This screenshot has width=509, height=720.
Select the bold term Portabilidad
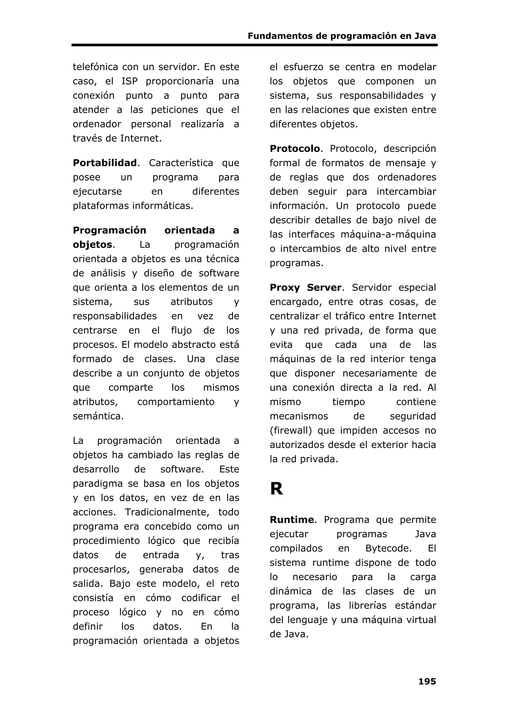(x=105, y=163)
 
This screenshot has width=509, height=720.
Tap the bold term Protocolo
(x=295, y=149)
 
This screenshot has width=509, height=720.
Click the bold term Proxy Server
(x=305, y=288)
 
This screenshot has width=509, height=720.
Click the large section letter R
(x=276, y=489)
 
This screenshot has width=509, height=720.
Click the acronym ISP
(x=129, y=81)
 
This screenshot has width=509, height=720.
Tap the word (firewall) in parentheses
(x=290, y=430)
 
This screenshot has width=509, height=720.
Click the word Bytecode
(x=388, y=549)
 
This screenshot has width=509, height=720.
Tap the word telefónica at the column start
(x=95, y=67)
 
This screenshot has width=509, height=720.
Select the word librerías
(x=368, y=605)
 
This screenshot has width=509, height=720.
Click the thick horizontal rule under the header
(x=254, y=45)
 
